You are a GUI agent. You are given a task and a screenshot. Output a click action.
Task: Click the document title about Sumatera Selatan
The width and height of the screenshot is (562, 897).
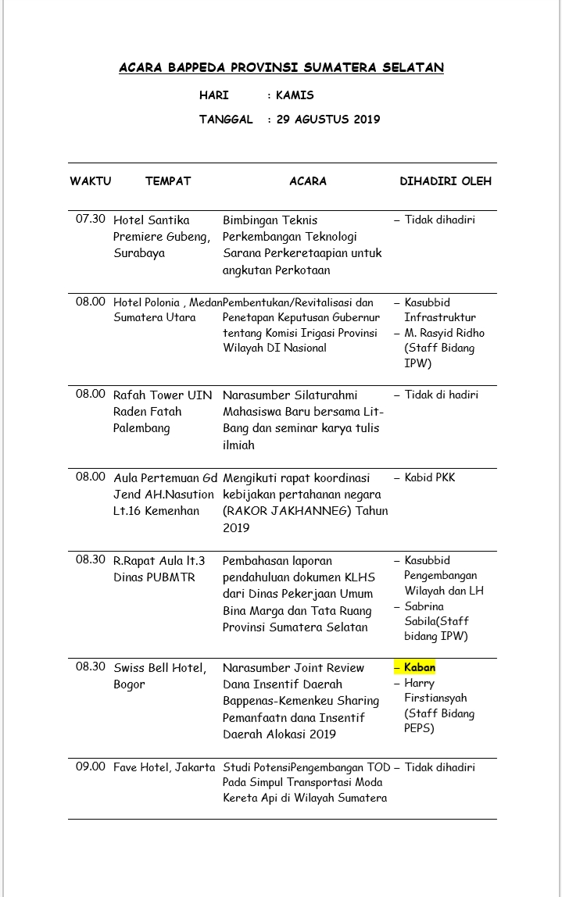click(x=281, y=68)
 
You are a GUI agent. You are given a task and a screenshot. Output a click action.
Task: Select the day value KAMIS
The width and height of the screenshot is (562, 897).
click(x=295, y=95)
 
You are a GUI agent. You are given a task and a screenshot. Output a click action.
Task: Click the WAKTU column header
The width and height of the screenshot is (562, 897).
click(x=91, y=181)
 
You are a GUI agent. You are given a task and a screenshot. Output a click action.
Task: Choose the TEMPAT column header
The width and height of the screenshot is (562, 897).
click(x=168, y=181)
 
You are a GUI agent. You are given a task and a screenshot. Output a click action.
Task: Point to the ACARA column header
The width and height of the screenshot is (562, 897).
click(x=308, y=181)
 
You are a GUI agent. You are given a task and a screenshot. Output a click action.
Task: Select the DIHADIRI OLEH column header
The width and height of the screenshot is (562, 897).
click(x=446, y=181)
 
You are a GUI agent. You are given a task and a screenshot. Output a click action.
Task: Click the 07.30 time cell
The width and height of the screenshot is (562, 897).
click(x=91, y=219)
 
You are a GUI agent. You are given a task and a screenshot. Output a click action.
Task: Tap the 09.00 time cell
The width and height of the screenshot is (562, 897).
click(x=91, y=767)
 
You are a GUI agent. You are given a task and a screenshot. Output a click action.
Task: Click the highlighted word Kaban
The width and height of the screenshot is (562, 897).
click(x=420, y=667)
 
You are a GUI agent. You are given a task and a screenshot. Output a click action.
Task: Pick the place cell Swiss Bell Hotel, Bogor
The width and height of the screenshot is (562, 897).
click(x=160, y=676)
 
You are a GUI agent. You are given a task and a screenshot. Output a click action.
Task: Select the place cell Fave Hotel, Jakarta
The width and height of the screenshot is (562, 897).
click(x=164, y=767)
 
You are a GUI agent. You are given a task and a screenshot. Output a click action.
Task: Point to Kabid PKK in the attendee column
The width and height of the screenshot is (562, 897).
click(x=429, y=477)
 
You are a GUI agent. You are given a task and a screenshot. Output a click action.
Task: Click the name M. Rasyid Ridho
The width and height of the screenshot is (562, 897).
click(x=444, y=333)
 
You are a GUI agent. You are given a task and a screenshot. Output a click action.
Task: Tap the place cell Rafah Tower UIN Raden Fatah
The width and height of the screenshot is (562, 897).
click(x=163, y=411)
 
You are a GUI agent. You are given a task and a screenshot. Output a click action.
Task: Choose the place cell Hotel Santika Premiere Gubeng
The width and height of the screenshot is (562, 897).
click(x=162, y=237)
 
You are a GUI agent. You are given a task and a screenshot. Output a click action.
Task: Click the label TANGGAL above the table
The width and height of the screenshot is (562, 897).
click(x=226, y=120)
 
